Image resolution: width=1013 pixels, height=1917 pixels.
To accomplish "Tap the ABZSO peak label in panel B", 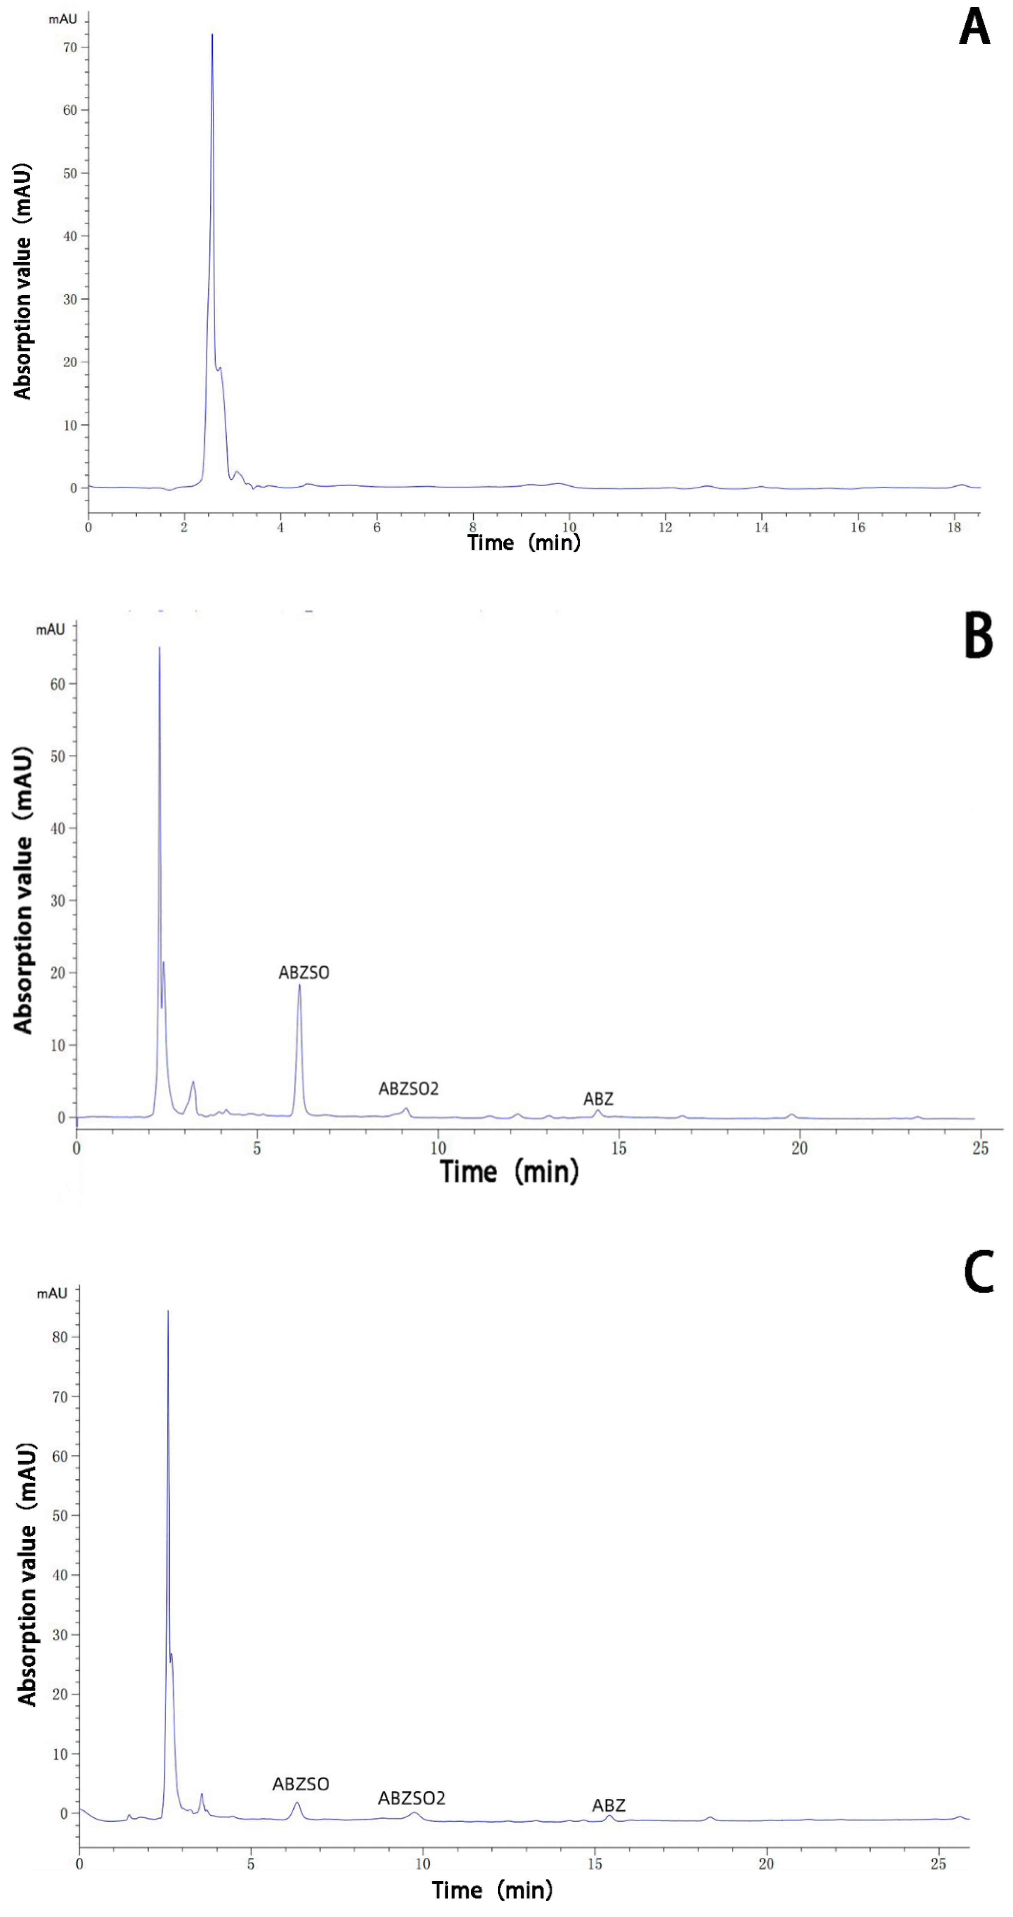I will coord(304,973).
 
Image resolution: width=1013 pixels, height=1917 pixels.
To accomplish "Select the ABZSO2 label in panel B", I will coord(408,1089).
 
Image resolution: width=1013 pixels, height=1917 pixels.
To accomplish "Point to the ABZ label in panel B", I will coord(598,1099).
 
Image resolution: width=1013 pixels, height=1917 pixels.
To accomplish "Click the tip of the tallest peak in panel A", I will coord(212,35).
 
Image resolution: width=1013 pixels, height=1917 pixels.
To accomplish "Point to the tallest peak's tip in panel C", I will coord(168,1311).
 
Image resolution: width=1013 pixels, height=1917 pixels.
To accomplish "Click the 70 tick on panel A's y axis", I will coord(71,48).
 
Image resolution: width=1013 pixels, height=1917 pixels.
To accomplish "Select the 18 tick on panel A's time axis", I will coord(954,528).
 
